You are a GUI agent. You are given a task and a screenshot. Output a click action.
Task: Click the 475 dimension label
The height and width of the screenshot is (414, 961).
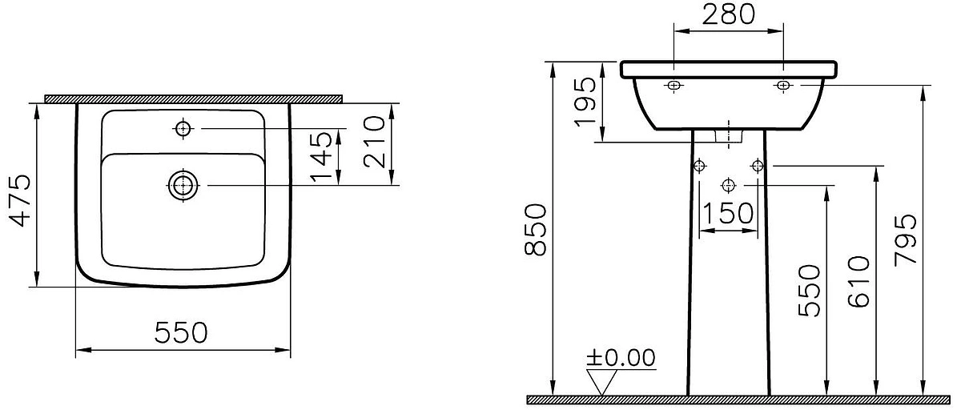(x=20, y=200)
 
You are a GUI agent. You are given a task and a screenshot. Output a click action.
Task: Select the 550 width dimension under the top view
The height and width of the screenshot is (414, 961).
(x=181, y=332)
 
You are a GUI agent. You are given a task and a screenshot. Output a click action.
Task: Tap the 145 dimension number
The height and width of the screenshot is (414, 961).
(x=321, y=157)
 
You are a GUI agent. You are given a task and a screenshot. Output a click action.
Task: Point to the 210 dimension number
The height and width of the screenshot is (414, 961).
(x=374, y=142)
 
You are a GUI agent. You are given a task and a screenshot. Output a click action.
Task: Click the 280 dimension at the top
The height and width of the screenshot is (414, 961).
(x=729, y=14)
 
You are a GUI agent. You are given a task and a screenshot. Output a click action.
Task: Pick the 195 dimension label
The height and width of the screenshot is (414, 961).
(x=585, y=102)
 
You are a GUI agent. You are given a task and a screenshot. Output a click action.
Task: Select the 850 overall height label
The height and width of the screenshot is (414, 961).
(x=536, y=230)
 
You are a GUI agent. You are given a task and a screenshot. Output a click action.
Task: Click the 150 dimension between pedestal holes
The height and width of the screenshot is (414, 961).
(x=728, y=213)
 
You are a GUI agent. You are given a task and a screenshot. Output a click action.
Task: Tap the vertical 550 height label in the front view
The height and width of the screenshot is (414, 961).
(x=809, y=291)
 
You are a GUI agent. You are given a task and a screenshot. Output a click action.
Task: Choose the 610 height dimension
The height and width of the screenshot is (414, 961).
(x=858, y=282)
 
